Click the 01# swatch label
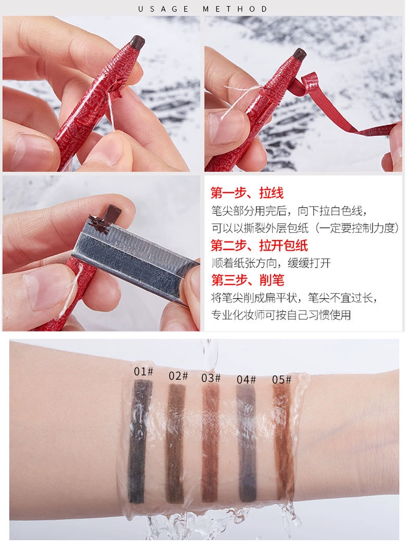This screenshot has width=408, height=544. [x=143, y=372]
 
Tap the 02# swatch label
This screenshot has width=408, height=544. [x=178, y=375]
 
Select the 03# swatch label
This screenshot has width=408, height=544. [x=211, y=378]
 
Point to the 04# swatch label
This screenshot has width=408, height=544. [x=246, y=380]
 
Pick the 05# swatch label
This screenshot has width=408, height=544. [x=281, y=380]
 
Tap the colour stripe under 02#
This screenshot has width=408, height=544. [x=176, y=443]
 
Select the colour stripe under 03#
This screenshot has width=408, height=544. [x=211, y=444]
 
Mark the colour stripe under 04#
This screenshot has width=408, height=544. [x=247, y=444]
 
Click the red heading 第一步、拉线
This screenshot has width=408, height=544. [x=247, y=193]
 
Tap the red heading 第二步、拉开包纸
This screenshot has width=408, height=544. [x=259, y=245]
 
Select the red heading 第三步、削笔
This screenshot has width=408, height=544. [x=248, y=280]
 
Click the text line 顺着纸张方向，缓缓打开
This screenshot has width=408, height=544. [x=271, y=263]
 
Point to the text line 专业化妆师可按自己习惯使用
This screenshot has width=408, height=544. [x=281, y=315]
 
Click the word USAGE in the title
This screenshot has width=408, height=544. [x=163, y=9]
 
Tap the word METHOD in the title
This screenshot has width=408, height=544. [x=235, y=9]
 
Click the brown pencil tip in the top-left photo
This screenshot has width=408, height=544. [x=137, y=42]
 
